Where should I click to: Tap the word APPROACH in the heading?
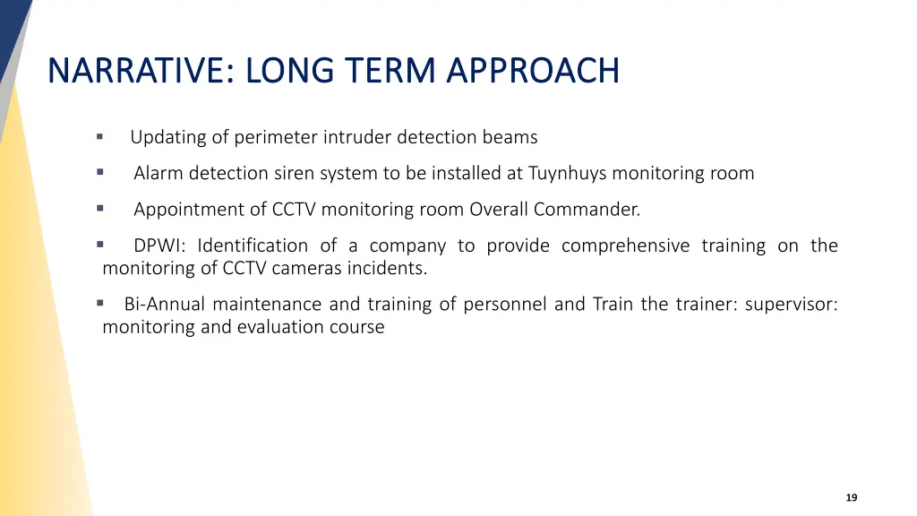coord(533,70)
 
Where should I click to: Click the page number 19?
coord(852,497)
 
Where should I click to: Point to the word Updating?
coord(167,137)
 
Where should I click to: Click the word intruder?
coord(357,137)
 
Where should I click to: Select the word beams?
coord(510,137)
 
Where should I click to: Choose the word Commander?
coord(587,210)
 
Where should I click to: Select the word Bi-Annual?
coord(165,305)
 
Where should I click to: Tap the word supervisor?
coord(792,305)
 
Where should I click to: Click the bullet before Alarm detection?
coord(100,172)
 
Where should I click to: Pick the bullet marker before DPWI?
coord(100,245)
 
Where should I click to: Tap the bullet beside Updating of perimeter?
coord(100,137)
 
